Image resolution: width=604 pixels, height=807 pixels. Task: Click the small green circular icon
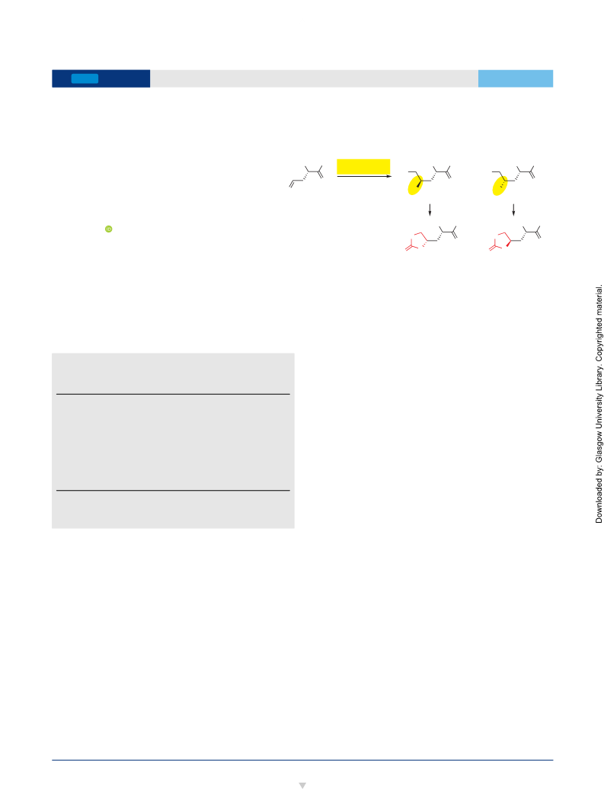click(109, 229)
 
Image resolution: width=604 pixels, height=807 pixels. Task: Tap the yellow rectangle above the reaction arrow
click(363, 167)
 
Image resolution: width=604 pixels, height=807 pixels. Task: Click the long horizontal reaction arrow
click(364, 176)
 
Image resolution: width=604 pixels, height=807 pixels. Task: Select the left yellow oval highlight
click(415, 185)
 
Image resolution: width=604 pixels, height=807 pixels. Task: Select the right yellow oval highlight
click(500, 185)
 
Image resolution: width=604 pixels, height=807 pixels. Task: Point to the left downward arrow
click(430, 210)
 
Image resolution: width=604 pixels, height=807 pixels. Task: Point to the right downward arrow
click(513, 210)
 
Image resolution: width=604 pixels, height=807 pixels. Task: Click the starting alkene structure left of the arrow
click(306, 177)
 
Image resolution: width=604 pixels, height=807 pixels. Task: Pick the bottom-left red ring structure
click(417, 241)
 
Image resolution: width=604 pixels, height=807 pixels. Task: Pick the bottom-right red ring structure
click(500, 241)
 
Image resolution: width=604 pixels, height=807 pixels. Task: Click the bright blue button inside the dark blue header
click(85, 78)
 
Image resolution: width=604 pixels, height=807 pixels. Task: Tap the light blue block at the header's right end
click(516, 78)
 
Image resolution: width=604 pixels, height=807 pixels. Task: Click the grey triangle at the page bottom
click(302, 786)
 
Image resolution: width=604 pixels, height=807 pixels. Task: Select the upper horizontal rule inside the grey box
click(173, 394)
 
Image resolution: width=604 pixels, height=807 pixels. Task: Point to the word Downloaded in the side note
click(599, 502)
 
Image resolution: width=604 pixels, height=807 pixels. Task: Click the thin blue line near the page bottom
click(302, 760)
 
